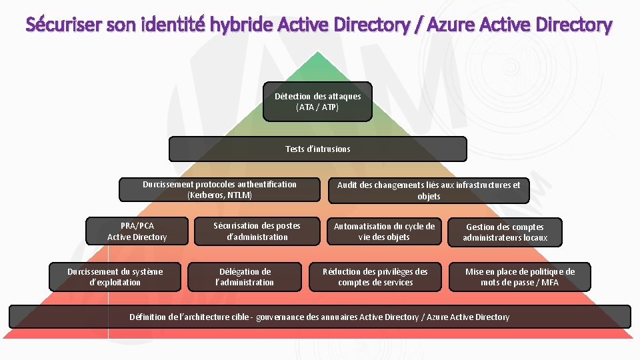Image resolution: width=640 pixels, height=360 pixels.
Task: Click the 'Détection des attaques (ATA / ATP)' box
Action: [x=317, y=101]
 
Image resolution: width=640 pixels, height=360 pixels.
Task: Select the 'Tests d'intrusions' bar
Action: [x=317, y=149]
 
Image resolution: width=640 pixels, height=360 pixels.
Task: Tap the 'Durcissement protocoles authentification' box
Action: [x=219, y=190]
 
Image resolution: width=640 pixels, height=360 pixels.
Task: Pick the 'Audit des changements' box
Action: [x=428, y=191]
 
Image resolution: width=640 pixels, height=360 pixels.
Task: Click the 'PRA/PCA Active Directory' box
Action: [x=137, y=231]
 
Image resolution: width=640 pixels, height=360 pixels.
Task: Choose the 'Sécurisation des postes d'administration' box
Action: [x=257, y=231]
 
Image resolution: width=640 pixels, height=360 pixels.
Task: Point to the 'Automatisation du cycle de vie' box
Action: [x=383, y=231]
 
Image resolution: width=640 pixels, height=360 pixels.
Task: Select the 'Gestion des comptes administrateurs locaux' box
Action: [x=505, y=232]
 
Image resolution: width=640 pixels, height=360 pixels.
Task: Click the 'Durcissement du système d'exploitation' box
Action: [x=115, y=277]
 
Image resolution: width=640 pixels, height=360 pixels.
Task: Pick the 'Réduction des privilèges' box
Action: [x=375, y=277]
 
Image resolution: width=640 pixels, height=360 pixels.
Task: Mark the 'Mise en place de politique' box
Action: [x=519, y=277]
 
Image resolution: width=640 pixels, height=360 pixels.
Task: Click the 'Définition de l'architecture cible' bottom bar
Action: [x=319, y=317]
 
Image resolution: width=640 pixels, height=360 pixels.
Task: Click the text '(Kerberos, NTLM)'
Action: [x=219, y=195]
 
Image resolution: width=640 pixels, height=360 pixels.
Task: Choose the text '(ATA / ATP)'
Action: [x=317, y=107]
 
